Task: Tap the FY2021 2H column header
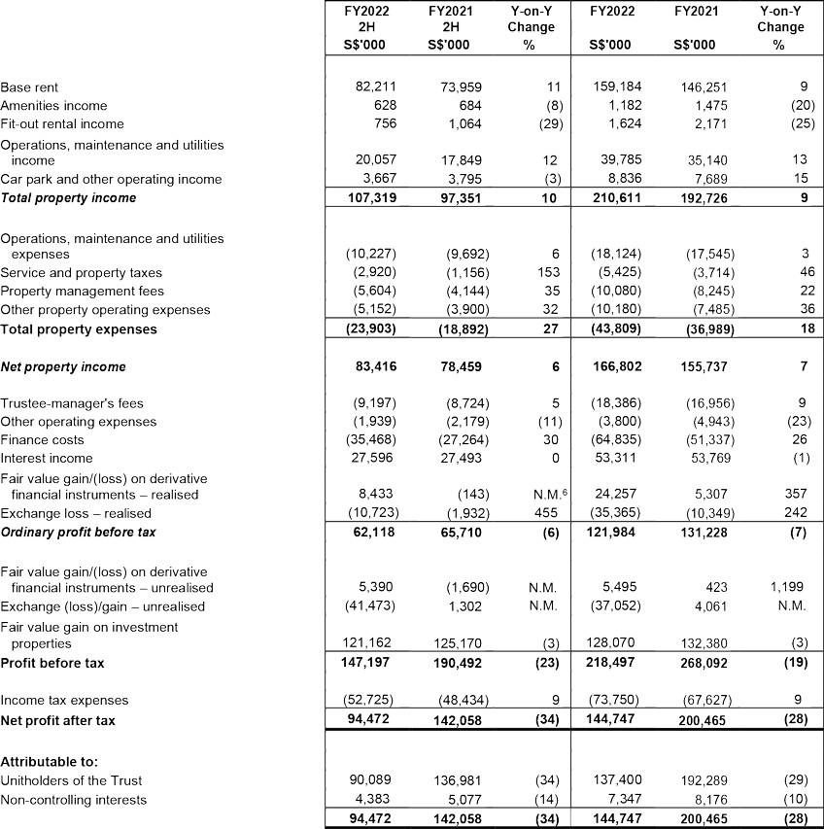(x=448, y=28)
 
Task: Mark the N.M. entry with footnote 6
(x=535, y=495)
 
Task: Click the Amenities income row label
(x=54, y=105)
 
